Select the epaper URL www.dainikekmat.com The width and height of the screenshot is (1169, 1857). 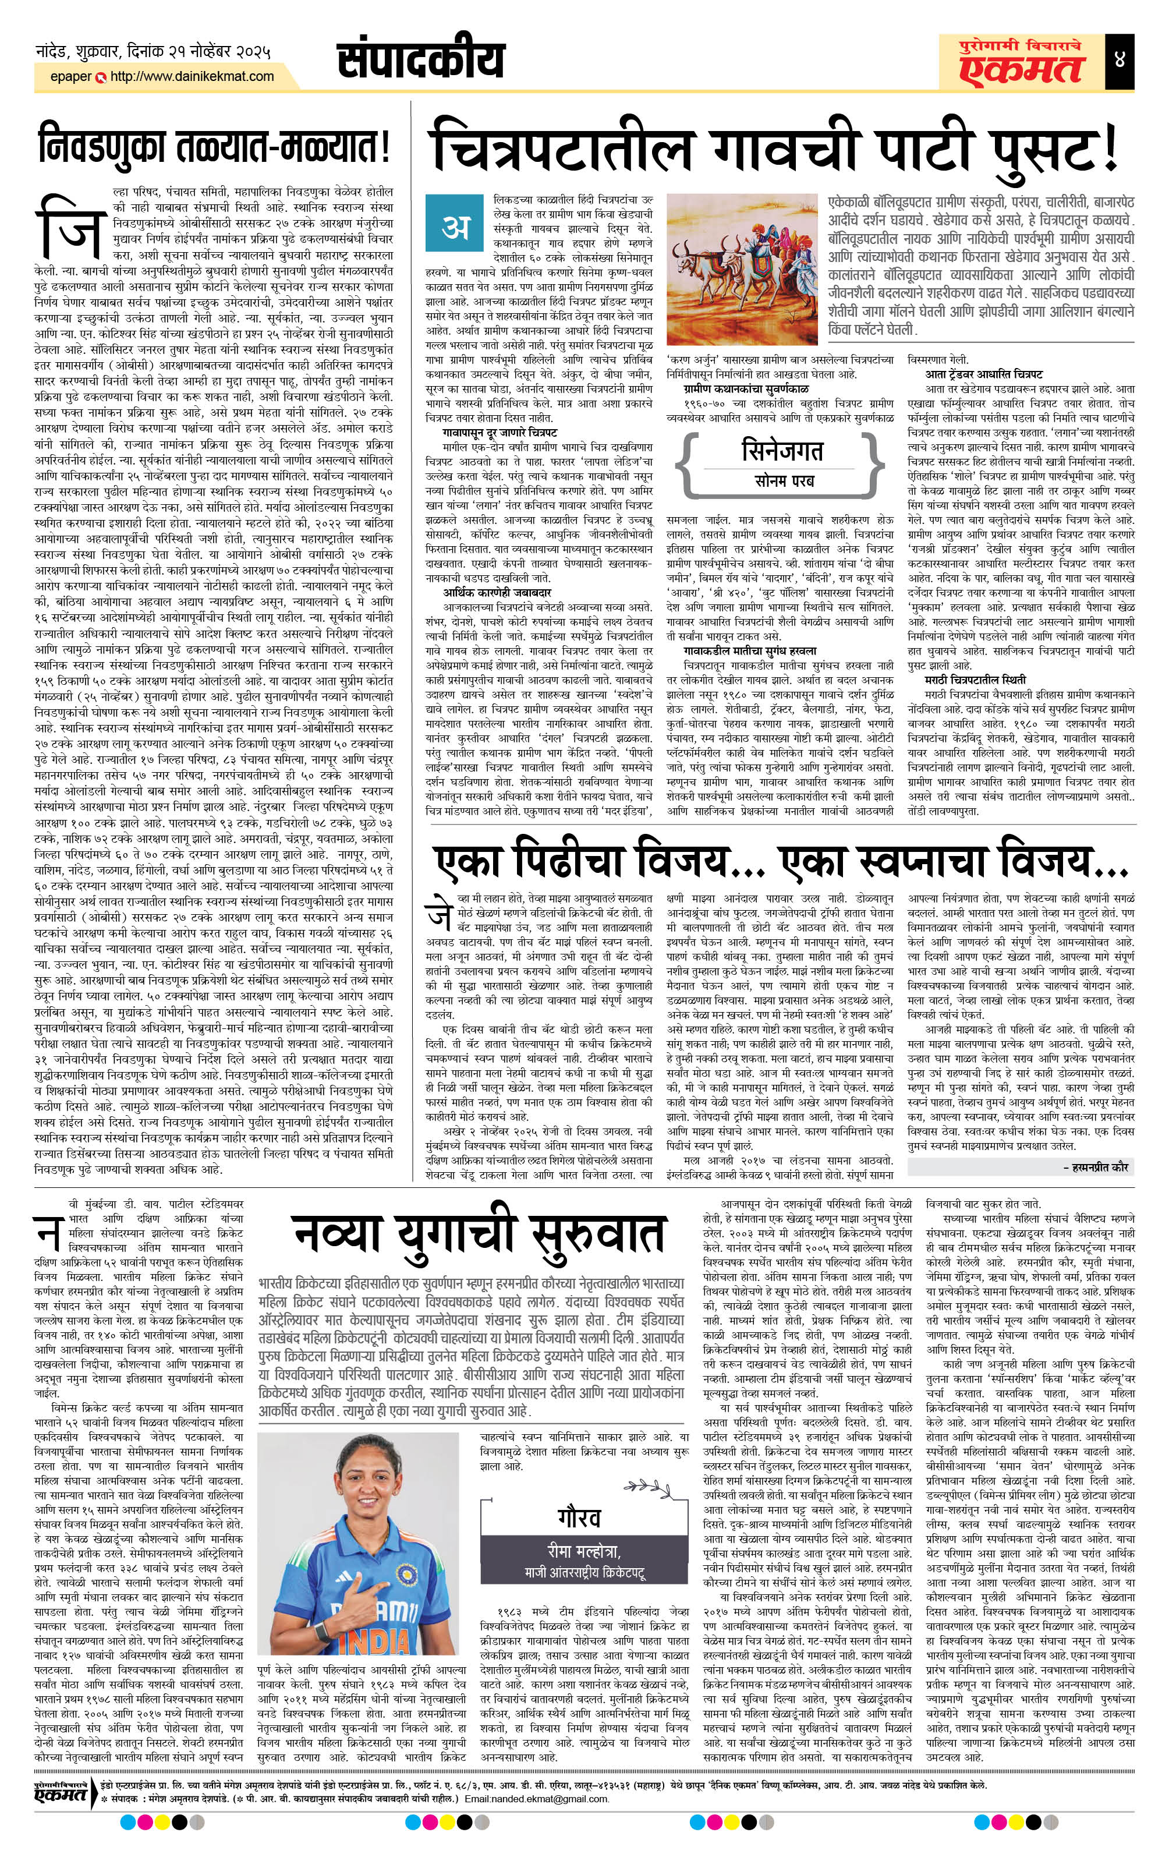pos(192,76)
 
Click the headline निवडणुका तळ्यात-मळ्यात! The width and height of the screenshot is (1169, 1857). pos(214,148)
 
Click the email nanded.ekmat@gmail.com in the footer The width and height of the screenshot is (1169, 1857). pos(536,1814)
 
